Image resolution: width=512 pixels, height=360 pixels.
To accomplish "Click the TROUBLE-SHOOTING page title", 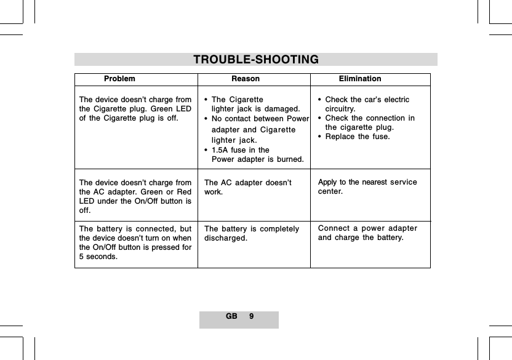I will point(256,60).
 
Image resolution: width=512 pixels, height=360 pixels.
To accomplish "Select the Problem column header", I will point(119,79).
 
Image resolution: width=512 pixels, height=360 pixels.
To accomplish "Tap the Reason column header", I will point(245,79).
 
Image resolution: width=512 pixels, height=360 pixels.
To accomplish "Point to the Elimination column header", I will point(360,79).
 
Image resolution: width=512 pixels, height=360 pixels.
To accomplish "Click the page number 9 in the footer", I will point(251,316).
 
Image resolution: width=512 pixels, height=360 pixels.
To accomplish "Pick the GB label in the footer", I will point(231,316).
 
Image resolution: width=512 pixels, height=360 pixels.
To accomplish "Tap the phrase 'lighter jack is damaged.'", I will point(255,109).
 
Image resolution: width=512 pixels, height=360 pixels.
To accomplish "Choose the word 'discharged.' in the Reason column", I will point(226,238).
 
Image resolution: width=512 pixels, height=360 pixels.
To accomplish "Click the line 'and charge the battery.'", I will point(361,238).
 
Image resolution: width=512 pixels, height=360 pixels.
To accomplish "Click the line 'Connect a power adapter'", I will point(368,229).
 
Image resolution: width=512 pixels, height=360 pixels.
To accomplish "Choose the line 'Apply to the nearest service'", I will point(367,182).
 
